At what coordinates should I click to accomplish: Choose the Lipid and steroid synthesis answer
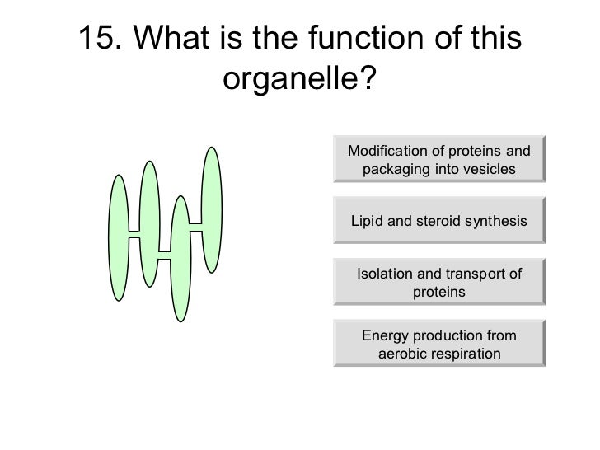pyautogui.click(x=438, y=221)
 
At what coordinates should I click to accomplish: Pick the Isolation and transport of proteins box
pyautogui.click(x=438, y=283)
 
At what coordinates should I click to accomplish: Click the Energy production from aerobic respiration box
pyautogui.click(x=438, y=345)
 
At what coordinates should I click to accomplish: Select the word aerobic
pyautogui.click(x=405, y=354)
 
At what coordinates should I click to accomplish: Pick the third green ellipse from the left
pyautogui.click(x=180, y=258)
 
